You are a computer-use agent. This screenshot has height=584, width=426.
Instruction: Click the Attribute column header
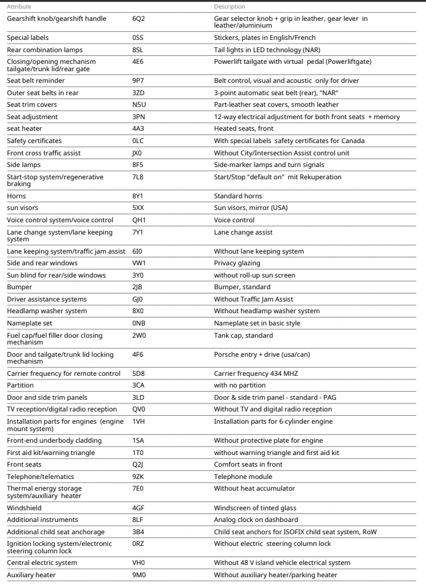[19, 6]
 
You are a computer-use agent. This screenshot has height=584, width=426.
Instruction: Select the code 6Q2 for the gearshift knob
[140, 18]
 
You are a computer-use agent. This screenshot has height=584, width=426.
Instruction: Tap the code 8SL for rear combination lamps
[139, 49]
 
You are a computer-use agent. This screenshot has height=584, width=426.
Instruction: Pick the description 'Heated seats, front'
[243, 128]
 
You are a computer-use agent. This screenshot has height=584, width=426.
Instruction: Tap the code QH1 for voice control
[140, 219]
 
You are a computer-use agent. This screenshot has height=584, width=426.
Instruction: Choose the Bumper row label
[20, 286]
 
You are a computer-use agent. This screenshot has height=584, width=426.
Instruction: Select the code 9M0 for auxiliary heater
[140, 575]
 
